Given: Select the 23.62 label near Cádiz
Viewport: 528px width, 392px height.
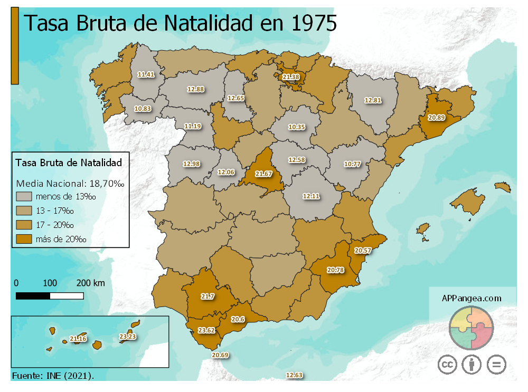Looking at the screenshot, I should tap(206, 331).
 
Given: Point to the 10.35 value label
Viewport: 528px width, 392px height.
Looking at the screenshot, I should tap(297, 127).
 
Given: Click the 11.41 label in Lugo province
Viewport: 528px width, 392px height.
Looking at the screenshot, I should tap(146, 74).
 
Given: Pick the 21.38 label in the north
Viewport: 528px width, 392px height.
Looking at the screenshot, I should tap(291, 77).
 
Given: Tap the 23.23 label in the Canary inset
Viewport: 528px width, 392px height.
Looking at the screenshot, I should tap(128, 336).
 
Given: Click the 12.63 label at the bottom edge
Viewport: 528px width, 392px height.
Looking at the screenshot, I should tap(294, 375).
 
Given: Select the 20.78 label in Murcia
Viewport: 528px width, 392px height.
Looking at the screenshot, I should tap(335, 270).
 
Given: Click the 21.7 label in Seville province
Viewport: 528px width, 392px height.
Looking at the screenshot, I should tap(208, 297).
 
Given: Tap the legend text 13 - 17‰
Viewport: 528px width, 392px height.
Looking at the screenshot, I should tap(55, 211).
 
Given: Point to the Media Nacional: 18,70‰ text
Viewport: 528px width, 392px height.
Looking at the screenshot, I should tap(70, 184).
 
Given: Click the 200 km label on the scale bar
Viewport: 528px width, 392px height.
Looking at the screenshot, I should tap(91, 283).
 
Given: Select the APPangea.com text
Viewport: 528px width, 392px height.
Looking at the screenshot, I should tap(472, 298).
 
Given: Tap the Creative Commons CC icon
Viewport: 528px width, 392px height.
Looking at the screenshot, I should tap(447, 365).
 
